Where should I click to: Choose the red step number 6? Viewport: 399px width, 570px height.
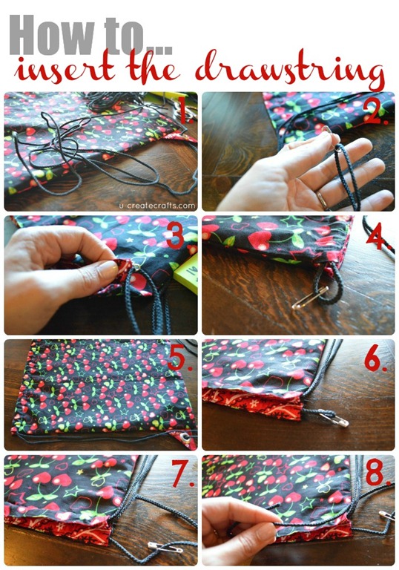[375, 358]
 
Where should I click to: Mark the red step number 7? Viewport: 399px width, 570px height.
[182, 474]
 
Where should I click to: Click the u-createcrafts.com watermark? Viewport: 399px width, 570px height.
[157, 206]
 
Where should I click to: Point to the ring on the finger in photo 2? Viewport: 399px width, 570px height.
[322, 200]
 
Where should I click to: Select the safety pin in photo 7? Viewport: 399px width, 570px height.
[165, 546]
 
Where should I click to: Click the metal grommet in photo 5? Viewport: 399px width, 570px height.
[185, 436]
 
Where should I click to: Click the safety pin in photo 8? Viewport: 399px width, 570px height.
[386, 515]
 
